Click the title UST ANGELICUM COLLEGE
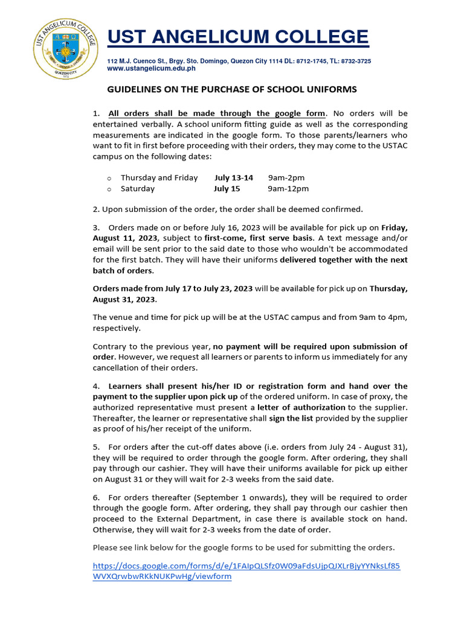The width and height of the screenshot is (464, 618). tap(237, 37)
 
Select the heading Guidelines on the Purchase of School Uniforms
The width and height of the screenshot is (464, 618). tap(232, 89)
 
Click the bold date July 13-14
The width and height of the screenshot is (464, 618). tap(233, 177)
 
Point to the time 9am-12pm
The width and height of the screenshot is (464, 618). tap(288, 188)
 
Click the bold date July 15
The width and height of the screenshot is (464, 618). tap(227, 188)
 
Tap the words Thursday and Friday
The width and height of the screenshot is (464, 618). tap(159, 177)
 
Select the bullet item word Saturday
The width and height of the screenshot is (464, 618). tap(137, 188)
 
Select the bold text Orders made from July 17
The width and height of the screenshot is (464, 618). tap(143, 288)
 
